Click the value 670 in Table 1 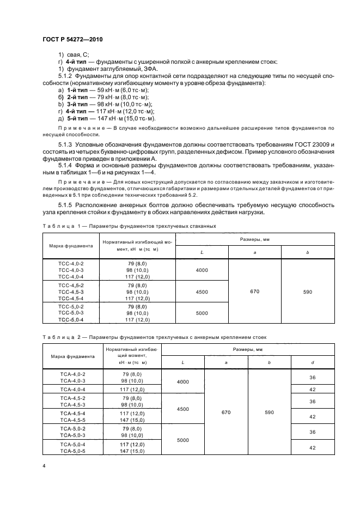pos(255,292)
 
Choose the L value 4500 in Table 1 pos(202,292)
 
